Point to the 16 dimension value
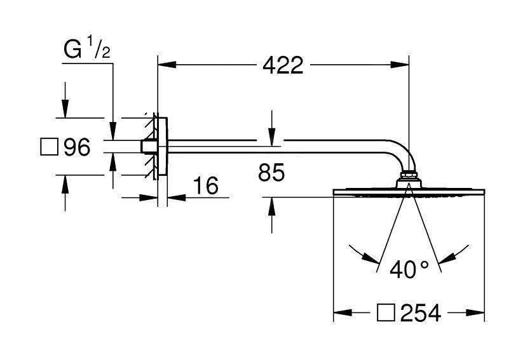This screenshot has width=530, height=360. [205, 185]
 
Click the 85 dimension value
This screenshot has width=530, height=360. [271, 172]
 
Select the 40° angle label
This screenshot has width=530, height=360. [409, 269]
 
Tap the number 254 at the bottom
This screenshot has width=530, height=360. [420, 313]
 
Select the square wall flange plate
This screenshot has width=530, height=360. [162, 147]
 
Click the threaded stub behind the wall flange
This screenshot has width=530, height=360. [147, 147]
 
